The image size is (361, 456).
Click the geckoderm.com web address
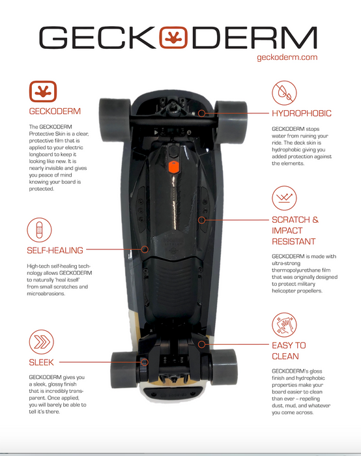[287, 57]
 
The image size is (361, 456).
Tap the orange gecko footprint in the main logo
[173, 38]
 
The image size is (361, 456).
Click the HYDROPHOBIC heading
[302, 113]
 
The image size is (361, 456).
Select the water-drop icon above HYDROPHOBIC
[284, 93]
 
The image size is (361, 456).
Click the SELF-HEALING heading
[55, 250]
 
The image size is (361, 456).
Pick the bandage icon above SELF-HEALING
[39, 230]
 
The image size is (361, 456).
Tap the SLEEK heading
[41, 362]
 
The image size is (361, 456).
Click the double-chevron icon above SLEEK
[42, 342]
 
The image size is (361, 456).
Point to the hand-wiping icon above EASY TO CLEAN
[284, 325]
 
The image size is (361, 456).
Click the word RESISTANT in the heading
[293, 242]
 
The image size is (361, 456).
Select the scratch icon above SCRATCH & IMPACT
[284, 198]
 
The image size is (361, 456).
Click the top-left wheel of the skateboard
[115, 120]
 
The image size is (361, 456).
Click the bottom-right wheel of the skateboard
[224, 367]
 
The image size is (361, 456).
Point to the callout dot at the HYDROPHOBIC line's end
[201, 113]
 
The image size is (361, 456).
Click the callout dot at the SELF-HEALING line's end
[145, 249]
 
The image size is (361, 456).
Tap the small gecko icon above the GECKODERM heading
[43, 91]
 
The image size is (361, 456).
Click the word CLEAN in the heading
[285, 356]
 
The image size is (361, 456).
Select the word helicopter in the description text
[283, 291]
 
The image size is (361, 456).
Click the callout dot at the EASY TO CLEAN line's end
[201, 345]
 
